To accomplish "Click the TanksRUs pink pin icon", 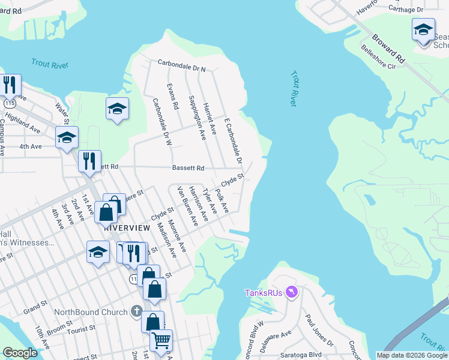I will (291, 292).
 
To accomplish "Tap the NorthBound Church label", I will (91, 312).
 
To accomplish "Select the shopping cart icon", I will (161, 340).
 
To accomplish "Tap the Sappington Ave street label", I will (197, 118).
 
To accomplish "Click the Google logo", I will (20, 353).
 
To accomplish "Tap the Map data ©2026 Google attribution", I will (411, 355).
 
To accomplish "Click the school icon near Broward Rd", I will (423, 29).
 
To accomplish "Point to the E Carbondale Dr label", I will (233, 140).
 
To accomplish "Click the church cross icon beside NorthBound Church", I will (136, 312).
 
